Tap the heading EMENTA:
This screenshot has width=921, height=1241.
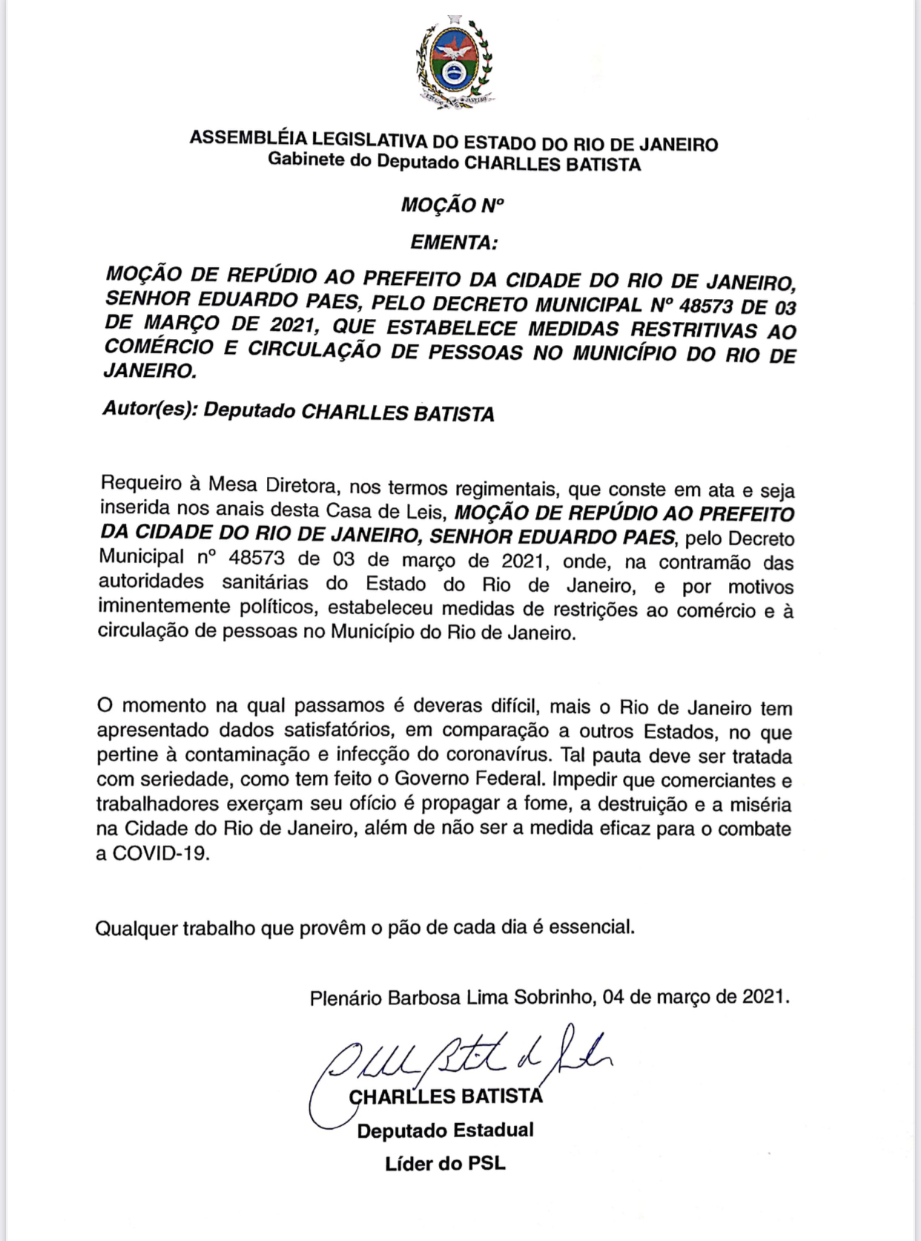pyautogui.click(x=454, y=242)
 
